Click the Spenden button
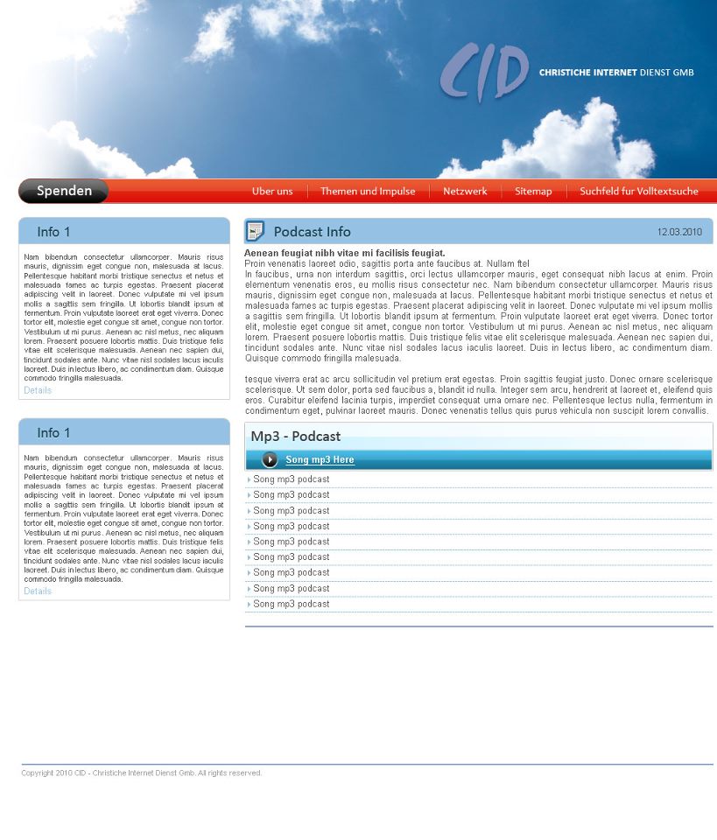click(x=64, y=191)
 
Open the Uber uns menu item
click(x=272, y=191)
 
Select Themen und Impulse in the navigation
click(x=368, y=191)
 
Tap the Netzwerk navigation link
click(x=465, y=191)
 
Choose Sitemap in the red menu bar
click(x=533, y=191)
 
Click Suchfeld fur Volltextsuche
click(x=639, y=191)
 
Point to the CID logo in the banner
click(x=484, y=73)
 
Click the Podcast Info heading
click(x=312, y=232)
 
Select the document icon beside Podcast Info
click(x=255, y=231)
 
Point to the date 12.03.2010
click(x=679, y=232)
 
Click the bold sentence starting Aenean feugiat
click(x=344, y=253)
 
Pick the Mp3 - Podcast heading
click(x=295, y=437)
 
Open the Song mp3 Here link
click(x=320, y=460)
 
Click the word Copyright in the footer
click(x=38, y=773)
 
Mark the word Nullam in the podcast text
click(x=500, y=263)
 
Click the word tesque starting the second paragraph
click(x=258, y=380)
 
